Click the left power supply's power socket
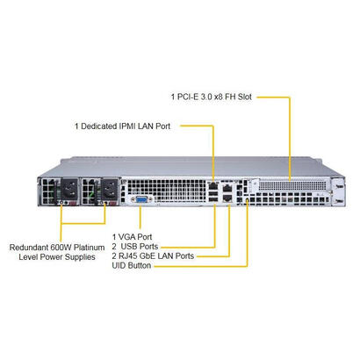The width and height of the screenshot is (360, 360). (68, 191)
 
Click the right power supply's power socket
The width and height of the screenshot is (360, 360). (109, 191)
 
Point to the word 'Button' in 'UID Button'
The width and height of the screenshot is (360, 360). (148, 265)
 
